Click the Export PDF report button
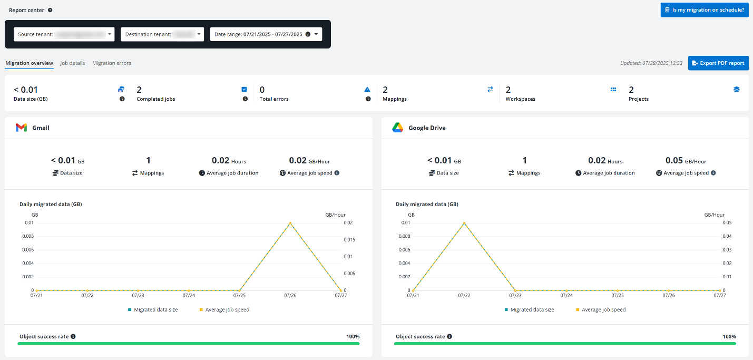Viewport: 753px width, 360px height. (x=718, y=63)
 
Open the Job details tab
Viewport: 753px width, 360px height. (x=73, y=63)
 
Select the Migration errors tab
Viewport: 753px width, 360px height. (x=112, y=63)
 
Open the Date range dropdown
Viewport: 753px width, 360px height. (x=266, y=34)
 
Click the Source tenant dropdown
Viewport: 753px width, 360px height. (x=64, y=34)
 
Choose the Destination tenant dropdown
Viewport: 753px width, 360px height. (x=162, y=34)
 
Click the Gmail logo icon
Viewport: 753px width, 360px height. (x=21, y=128)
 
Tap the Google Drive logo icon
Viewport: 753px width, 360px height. (x=397, y=128)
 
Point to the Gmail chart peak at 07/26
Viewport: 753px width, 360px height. (x=290, y=223)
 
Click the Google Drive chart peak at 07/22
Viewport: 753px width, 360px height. (x=464, y=223)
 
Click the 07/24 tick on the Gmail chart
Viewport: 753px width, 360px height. (x=189, y=296)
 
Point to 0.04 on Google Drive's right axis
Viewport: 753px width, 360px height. (x=727, y=236)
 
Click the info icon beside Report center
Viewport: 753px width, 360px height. (x=50, y=10)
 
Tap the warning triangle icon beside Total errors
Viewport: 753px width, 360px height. (x=368, y=90)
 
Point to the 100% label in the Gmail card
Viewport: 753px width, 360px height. (x=353, y=336)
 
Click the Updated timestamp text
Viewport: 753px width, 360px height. (x=651, y=63)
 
